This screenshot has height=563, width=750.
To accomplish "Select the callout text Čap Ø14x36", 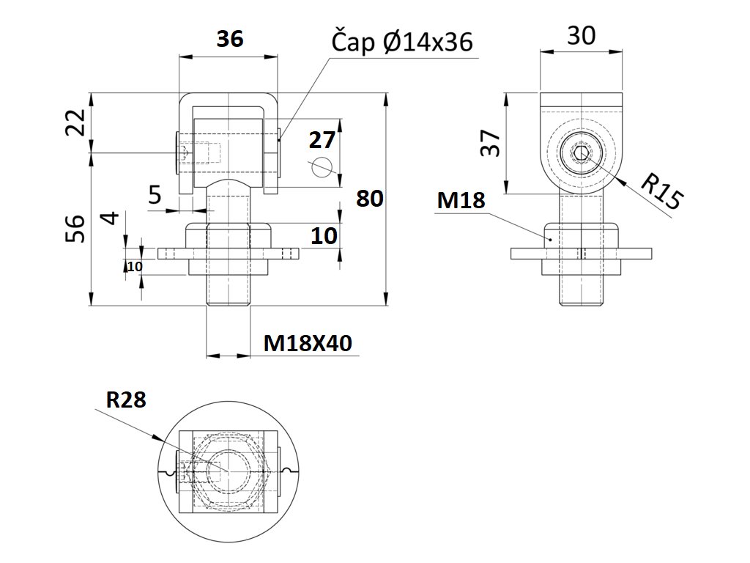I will pos(402,43).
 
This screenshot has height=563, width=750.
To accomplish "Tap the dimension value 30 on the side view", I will pos(582,35).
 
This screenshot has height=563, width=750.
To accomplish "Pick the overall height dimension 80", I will pos(368,199).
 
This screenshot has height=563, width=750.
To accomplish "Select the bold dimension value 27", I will pos(322,140).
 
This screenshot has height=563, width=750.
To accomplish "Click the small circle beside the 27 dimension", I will pos(320,168).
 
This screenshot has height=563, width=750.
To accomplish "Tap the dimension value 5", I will pos(155,195).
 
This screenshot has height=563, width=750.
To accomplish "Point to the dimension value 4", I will pos(109,219).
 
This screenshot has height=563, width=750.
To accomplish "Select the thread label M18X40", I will pos(308,342).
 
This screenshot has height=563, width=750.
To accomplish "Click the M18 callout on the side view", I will pos(460,200).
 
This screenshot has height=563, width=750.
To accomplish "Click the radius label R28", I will pos(126,400).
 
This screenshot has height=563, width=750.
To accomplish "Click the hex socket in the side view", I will pos(582,154).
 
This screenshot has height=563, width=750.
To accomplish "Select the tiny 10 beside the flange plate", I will pos(134,267).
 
